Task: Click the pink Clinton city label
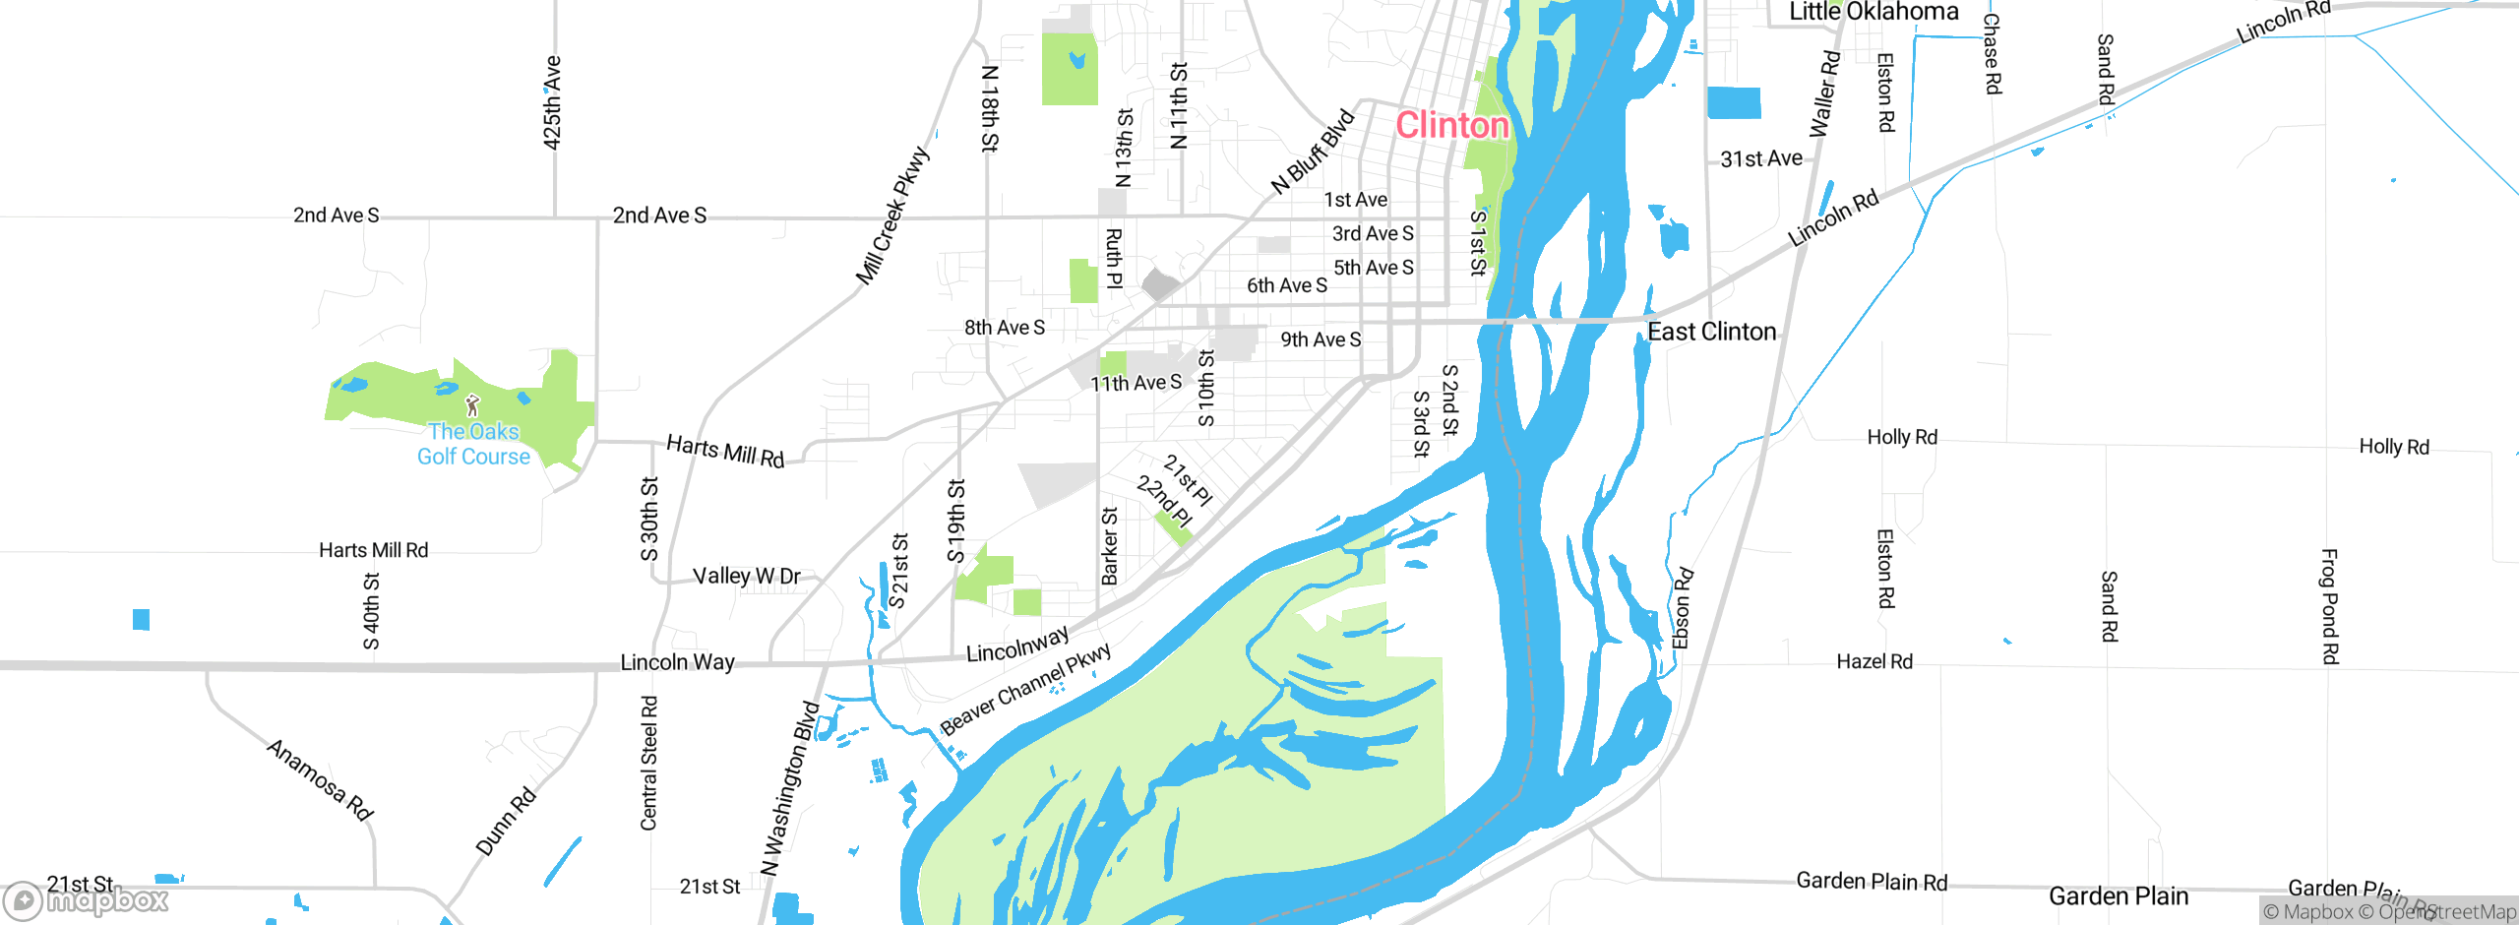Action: click(x=1452, y=125)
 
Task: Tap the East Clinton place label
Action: click(x=1712, y=332)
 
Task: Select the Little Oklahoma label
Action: click(x=1874, y=12)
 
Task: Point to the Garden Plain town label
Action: click(x=2119, y=896)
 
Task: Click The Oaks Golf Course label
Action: click(x=473, y=444)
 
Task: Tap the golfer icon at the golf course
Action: click(x=473, y=404)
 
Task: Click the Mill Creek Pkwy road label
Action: click(x=892, y=216)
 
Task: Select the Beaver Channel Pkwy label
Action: click(x=1025, y=688)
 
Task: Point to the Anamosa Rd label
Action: click(x=320, y=779)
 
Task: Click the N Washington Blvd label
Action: click(x=790, y=787)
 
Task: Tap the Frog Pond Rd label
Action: click(x=2329, y=606)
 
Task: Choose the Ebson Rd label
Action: click(x=1683, y=608)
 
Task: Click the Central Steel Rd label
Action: click(x=648, y=764)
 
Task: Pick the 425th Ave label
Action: click(x=552, y=102)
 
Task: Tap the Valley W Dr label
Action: click(x=746, y=576)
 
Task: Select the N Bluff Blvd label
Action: click(x=1313, y=153)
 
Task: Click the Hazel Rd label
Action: click(x=1874, y=661)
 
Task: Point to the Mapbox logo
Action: click(x=87, y=900)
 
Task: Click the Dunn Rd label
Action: click(x=506, y=822)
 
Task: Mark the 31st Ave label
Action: click(x=1761, y=158)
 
